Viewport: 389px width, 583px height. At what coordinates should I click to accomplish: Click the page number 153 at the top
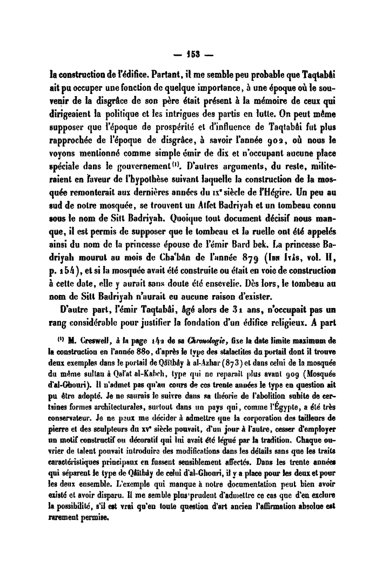tap(195, 56)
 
